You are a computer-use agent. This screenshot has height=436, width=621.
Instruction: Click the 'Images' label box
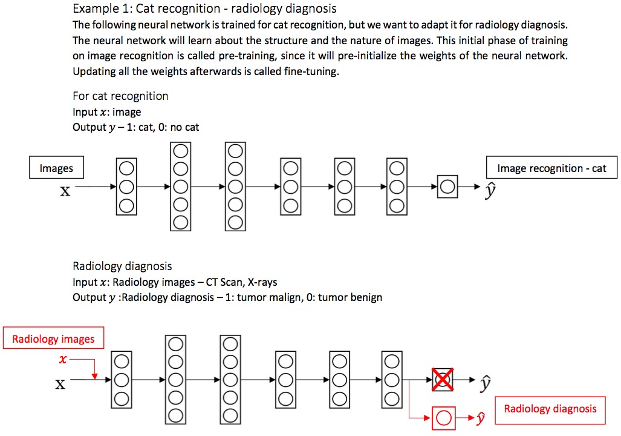[x=56, y=168]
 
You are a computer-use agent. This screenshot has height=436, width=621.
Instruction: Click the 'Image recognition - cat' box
[x=551, y=168]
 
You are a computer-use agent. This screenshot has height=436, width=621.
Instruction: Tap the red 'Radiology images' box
[x=53, y=339]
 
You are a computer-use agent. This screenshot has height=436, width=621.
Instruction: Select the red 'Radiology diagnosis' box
[x=550, y=409]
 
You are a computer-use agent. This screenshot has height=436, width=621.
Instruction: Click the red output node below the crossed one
[x=444, y=418]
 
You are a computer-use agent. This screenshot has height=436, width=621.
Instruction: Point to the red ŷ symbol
[x=481, y=418]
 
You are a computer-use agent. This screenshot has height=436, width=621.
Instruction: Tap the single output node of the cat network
[x=447, y=187]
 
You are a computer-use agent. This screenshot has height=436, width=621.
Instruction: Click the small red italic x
[x=63, y=359]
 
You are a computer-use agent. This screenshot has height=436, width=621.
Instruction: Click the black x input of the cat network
[x=65, y=191]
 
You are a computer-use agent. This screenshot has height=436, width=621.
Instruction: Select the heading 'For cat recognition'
[x=120, y=96]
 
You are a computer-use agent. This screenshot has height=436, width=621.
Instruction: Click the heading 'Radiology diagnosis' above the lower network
[x=122, y=266]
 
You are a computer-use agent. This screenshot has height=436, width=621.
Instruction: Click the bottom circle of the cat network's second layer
[x=181, y=222]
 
